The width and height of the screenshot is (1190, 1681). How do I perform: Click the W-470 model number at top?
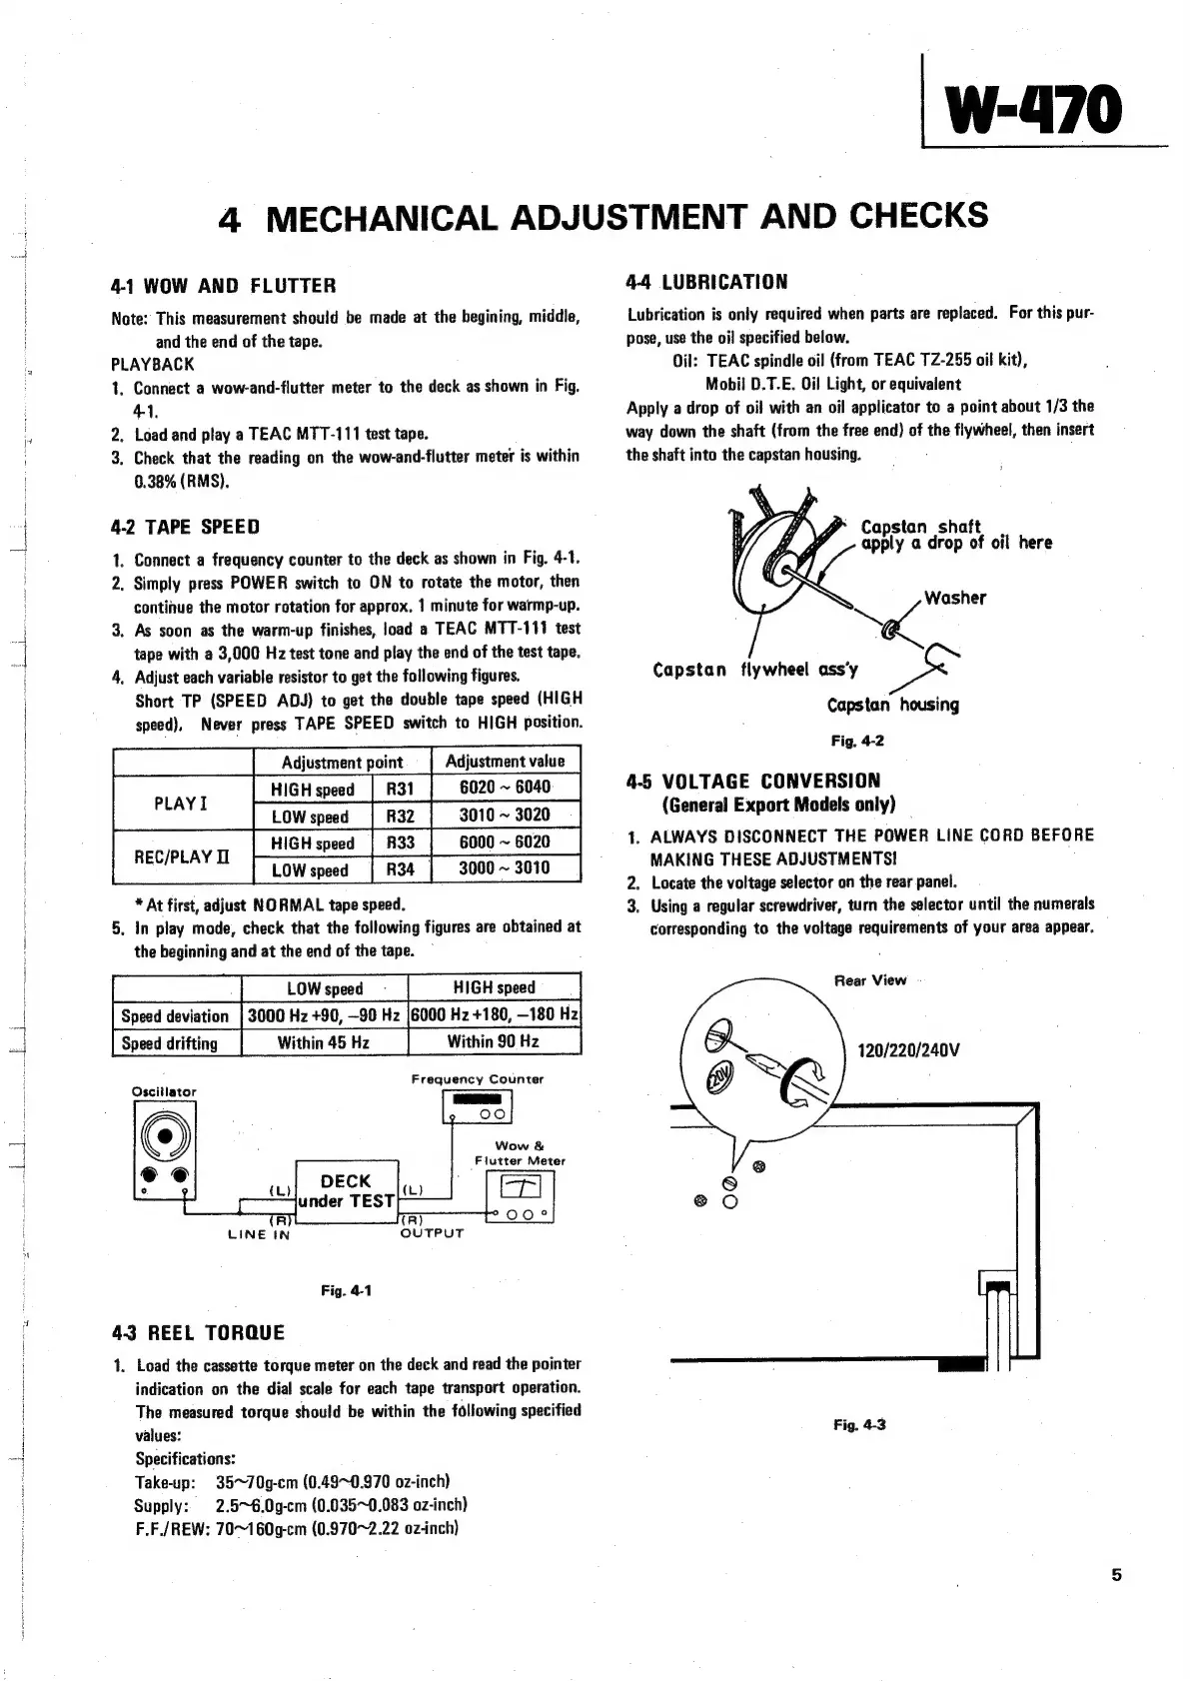pyautogui.click(x=1040, y=110)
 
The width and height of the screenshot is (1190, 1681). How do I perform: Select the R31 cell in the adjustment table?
pyautogui.click(x=400, y=789)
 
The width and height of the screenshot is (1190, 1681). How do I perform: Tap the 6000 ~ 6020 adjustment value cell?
pyautogui.click(x=505, y=842)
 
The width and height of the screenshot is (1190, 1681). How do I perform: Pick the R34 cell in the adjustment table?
pyautogui.click(x=400, y=869)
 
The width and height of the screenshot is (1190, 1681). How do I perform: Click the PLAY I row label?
pyautogui.click(x=181, y=803)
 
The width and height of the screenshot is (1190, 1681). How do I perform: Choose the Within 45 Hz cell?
pyautogui.click(x=324, y=1042)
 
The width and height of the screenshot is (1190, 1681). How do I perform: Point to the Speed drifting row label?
pyautogui.click(x=169, y=1042)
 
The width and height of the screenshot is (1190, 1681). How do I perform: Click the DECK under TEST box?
pyautogui.click(x=346, y=1191)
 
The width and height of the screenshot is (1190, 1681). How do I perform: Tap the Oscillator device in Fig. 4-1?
pyautogui.click(x=165, y=1149)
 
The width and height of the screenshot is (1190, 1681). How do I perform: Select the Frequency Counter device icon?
pyautogui.click(x=477, y=1106)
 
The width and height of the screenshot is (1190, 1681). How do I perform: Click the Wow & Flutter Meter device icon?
pyautogui.click(x=520, y=1195)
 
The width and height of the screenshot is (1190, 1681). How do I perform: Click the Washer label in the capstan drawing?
pyautogui.click(x=954, y=598)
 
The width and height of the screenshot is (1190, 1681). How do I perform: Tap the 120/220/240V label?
pyautogui.click(x=908, y=1050)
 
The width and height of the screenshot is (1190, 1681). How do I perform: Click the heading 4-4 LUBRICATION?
pyautogui.click(x=707, y=282)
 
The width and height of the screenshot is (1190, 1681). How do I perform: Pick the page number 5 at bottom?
pyautogui.click(x=1116, y=1576)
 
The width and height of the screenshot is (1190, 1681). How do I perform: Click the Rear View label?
pyautogui.click(x=869, y=980)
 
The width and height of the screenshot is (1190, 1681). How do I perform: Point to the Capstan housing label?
pyautogui.click(x=892, y=705)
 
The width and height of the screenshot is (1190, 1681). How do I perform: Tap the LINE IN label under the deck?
pyautogui.click(x=259, y=1235)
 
